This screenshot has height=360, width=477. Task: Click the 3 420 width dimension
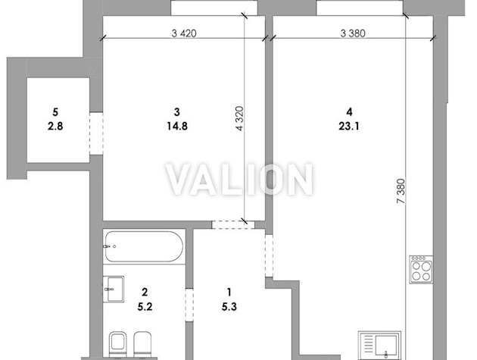[x=184, y=33]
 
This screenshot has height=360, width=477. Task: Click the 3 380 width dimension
[x=353, y=33]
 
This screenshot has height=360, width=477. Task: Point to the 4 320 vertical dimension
[x=240, y=118]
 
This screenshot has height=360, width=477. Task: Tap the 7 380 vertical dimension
[x=401, y=191]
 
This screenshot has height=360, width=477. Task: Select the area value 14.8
[x=177, y=126]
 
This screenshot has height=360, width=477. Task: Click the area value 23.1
[x=349, y=126]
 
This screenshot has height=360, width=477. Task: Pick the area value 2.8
[x=55, y=126]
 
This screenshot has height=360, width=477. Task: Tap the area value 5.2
[x=145, y=306]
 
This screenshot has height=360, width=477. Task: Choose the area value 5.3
[x=229, y=306]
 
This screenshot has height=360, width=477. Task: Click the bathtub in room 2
[x=144, y=246]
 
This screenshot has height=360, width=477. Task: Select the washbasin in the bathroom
[x=113, y=289]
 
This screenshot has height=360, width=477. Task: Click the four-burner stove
[x=421, y=270]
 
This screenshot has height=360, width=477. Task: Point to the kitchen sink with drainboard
[x=379, y=345]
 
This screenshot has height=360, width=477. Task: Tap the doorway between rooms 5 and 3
[x=96, y=133]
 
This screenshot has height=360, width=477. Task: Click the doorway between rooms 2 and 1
[x=189, y=305]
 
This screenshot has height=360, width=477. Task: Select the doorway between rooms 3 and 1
[x=233, y=225]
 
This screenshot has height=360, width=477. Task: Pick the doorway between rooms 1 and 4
[x=269, y=255]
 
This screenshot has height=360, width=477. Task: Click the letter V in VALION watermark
[x=180, y=180]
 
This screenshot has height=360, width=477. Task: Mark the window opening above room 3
[x=214, y=8]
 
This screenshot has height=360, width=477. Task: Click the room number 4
[x=349, y=112]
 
